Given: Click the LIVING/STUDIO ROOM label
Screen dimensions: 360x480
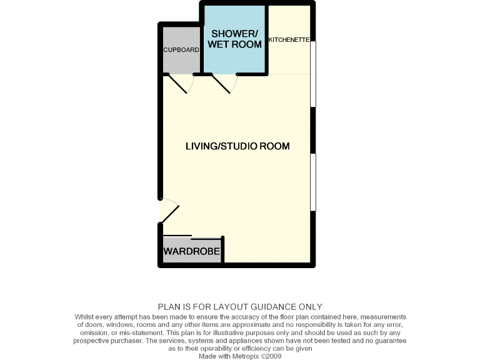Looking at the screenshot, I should tap(237, 146).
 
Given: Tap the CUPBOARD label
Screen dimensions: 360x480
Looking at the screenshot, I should tap(181, 49).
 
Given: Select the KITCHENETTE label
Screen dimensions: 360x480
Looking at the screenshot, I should tap(289, 39).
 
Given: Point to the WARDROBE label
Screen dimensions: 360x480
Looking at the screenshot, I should tap(191, 252).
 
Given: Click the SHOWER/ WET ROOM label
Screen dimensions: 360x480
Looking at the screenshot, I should tap(235, 39).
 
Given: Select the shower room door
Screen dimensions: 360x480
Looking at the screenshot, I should tap(222, 84).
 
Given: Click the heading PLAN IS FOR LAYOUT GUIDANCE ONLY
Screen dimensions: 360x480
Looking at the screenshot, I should tap(240, 307).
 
